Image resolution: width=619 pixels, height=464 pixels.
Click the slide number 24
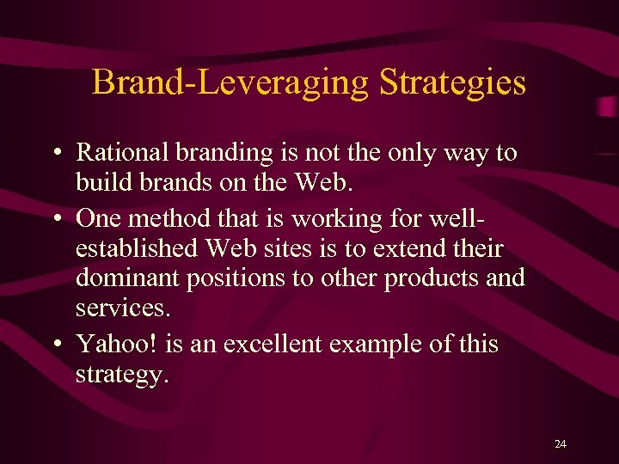click(x=561, y=443)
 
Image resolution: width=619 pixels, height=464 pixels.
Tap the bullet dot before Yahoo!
click(x=56, y=345)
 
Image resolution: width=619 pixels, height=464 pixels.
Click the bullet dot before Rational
click(x=56, y=154)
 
